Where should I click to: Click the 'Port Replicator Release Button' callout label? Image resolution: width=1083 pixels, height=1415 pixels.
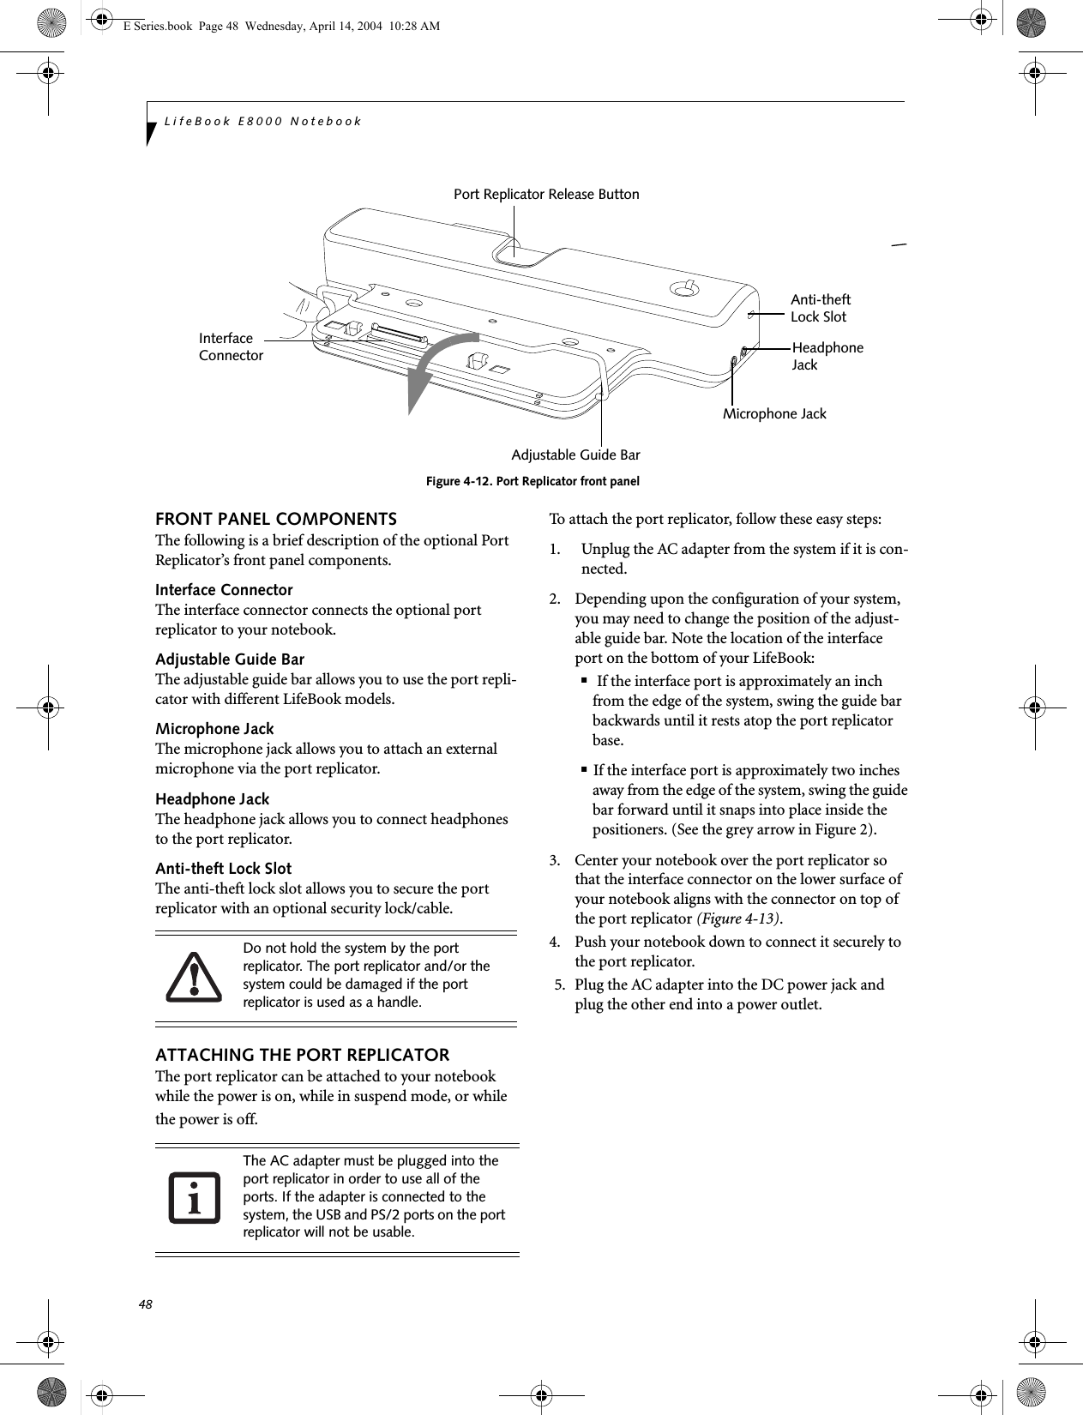[546, 195]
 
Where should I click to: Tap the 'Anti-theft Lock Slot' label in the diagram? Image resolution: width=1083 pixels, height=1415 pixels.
[820, 308]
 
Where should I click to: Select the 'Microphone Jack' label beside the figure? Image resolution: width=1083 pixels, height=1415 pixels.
[774, 414]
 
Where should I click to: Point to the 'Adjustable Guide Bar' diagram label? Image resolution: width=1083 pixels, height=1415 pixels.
[575, 455]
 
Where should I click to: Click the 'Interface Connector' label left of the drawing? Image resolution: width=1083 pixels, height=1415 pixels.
[231, 346]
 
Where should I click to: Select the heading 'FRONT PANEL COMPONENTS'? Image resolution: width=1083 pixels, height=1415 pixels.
[275, 520]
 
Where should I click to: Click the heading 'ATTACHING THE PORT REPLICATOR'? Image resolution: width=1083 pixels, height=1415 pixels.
[302, 1055]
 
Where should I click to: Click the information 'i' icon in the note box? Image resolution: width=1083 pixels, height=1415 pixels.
[194, 1197]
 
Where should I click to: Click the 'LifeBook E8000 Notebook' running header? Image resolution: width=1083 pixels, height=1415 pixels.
[263, 121]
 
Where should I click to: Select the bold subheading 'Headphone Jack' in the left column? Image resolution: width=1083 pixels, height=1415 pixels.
[212, 799]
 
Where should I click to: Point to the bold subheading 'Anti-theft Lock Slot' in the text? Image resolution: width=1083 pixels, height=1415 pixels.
[223, 869]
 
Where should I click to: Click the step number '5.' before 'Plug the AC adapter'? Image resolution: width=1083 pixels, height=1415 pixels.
[559, 984]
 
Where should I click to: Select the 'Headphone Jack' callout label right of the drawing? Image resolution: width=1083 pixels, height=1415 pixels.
[827, 356]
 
